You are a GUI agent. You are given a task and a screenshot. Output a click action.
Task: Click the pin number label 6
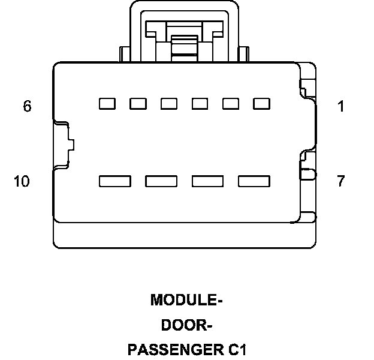click(x=27, y=107)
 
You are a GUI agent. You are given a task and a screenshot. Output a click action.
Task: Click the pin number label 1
click(x=340, y=107)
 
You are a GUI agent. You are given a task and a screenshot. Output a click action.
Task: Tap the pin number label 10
click(x=22, y=181)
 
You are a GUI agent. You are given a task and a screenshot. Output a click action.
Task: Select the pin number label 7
click(x=340, y=181)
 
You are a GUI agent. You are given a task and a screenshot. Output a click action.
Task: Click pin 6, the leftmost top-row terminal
click(x=107, y=104)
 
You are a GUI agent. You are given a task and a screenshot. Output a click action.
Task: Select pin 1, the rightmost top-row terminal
click(x=262, y=104)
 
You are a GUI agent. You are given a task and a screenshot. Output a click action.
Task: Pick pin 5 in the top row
click(x=138, y=104)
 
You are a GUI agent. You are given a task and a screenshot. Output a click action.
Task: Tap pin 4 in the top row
click(x=169, y=104)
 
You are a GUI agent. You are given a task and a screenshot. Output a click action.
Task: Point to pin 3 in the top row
click(x=200, y=104)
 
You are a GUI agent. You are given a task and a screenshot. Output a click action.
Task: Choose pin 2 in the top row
click(x=231, y=104)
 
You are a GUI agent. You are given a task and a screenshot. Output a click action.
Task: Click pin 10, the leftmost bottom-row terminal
click(x=115, y=180)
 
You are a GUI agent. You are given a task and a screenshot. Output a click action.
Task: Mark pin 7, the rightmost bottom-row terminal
click(x=254, y=180)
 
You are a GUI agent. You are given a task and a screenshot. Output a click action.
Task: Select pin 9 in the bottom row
click(x=161, y=180)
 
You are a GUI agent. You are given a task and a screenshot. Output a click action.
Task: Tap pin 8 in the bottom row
click(x=207, y=180)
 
